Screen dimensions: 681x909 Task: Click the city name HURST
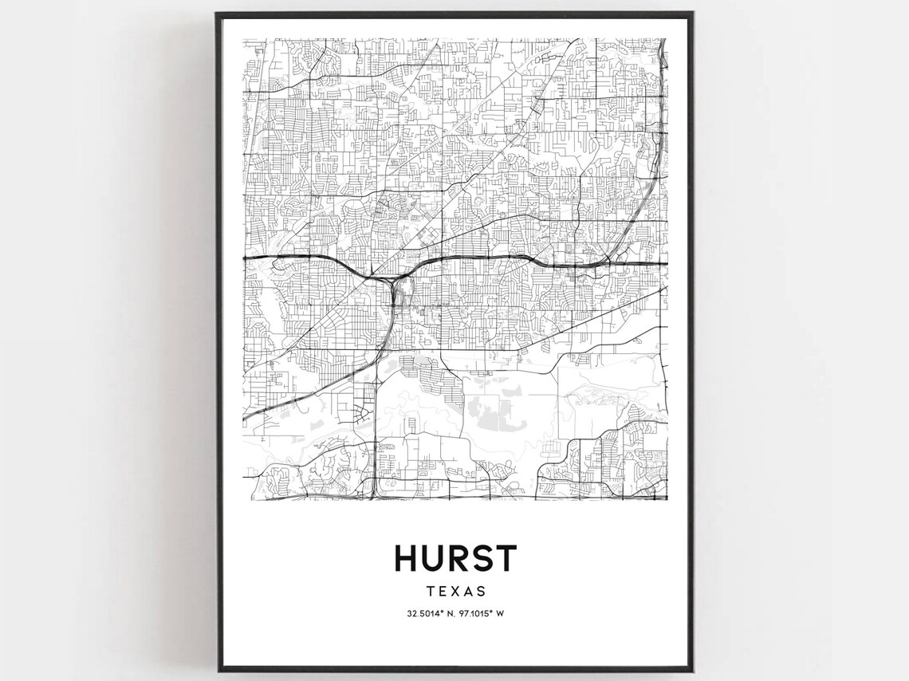pos(455,558)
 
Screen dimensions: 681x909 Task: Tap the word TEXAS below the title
pos(455,592)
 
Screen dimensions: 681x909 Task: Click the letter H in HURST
pos(407,558)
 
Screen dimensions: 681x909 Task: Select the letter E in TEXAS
pos(441,592)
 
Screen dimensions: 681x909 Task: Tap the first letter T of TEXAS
pos(428,592)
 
